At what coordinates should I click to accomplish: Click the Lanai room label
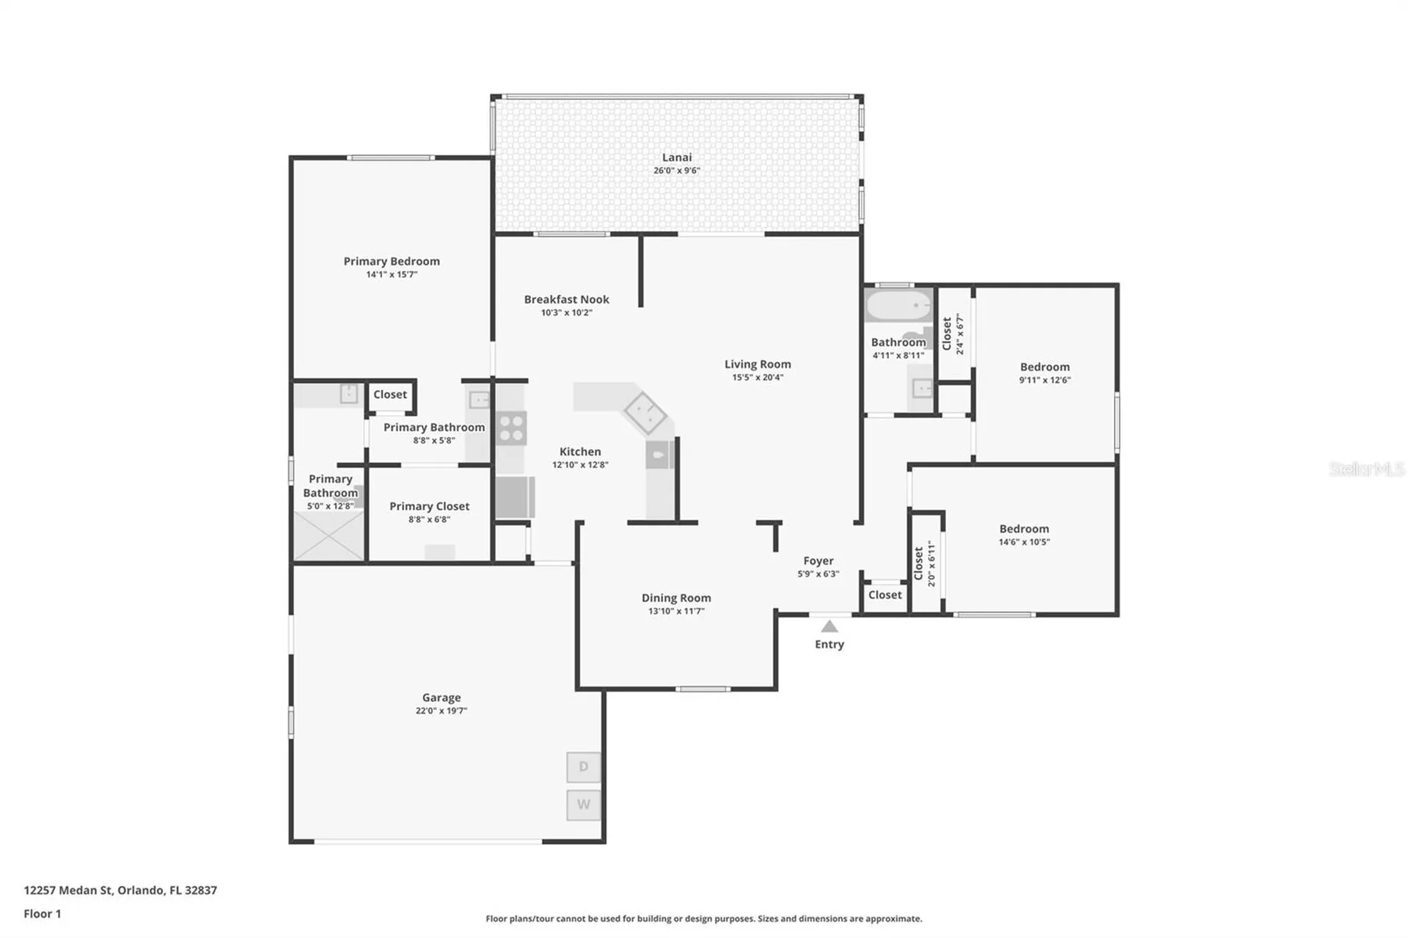click(x=676, y=157)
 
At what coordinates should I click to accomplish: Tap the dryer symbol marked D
click(x=584, y=767)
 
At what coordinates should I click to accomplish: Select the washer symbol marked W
click(x=584, y=805)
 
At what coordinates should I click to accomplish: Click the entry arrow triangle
click(x=829, y=626)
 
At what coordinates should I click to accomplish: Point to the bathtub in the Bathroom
click(x=898, y=305)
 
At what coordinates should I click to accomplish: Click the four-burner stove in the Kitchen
click(x=511, y=428)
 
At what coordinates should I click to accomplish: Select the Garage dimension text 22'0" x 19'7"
click(x=441, y=711)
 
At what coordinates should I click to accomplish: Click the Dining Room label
click(x=676, y=598)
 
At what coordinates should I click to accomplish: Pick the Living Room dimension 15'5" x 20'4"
click(x=758, y=378)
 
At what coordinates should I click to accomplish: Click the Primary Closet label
click(x=429, y=506)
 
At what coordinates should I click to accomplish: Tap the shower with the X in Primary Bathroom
click(x=329, y=536)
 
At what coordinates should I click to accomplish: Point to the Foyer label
click(x=818, y=561)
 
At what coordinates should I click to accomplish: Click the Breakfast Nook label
click(x=566, y=299)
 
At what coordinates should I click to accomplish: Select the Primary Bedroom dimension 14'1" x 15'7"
click(x=392, y=274)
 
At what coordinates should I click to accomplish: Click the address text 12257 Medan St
click(x=68, y=890)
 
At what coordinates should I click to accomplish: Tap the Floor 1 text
click(x=43, y=914)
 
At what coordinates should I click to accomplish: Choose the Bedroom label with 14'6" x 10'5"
click(x=1024, y=529)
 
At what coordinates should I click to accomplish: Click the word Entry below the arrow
click(x=829, y=645)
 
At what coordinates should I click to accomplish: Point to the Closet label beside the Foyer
click(x=885, y=595)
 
